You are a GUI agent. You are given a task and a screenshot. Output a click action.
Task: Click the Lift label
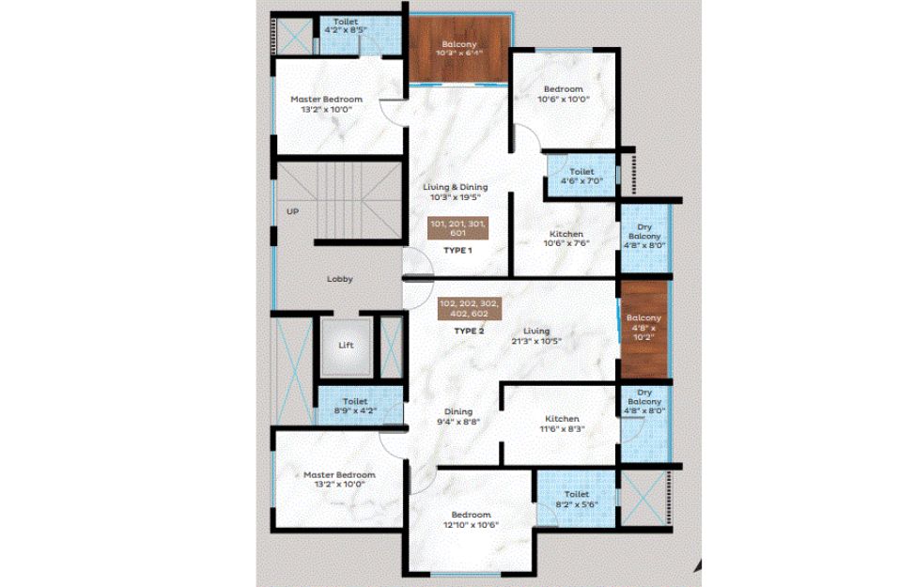pyautogui.click(x=346, y=345)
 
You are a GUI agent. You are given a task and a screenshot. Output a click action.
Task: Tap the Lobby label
pyautogui.click(x=339, y=279)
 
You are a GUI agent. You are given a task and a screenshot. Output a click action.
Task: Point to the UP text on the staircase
pyautogui.click(x=292, y=211)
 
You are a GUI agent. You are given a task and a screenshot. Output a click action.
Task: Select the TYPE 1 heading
pyautogui.click(x=457, y=251)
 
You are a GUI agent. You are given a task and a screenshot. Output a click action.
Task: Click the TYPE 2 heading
pyautogui.click(x=469, y=331)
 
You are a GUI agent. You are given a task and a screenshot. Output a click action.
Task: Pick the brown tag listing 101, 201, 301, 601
pyautogui.click(x=457, y=228)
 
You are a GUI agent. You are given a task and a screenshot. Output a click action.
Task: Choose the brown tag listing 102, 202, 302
pyautogui.click(x=469, y=309)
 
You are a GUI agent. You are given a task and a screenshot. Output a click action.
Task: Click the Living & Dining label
pyautogui.click(x=456, y=187)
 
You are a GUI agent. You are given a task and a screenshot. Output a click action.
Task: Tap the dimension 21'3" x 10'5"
pyautogui.click(x=536, y=341)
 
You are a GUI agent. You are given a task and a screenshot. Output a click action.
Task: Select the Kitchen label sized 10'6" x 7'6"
pyautogui.click(x=566, y=234)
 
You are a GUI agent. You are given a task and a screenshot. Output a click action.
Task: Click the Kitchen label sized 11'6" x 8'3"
pyautogui.click(x=562, y=419)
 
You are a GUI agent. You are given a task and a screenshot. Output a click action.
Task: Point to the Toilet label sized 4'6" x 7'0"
pyautogui.click(x=581, y=171)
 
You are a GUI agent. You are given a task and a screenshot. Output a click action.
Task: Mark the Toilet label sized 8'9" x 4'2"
pyautogui.click(x=355, y=401)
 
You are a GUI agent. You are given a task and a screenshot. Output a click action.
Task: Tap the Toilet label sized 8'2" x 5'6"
pyautogui.click(x=576, y=494)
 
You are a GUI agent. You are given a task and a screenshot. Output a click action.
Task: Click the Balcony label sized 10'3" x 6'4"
pyautogui.click(x=459, y=44)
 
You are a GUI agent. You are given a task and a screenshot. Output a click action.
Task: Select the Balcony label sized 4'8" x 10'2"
pyautogui.click(x=643, y=317)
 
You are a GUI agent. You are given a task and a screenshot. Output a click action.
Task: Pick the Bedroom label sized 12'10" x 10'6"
pyautogui.click(x=471, y=515)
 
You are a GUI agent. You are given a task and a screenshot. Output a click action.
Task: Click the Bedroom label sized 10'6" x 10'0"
pyautogui.click(x=563, y=89)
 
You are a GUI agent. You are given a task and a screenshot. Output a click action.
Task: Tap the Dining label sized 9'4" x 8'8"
pyautogui.click(x=458, y=411)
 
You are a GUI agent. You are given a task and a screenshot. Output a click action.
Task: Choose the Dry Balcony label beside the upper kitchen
pyautogui.click(x=644, y=232)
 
